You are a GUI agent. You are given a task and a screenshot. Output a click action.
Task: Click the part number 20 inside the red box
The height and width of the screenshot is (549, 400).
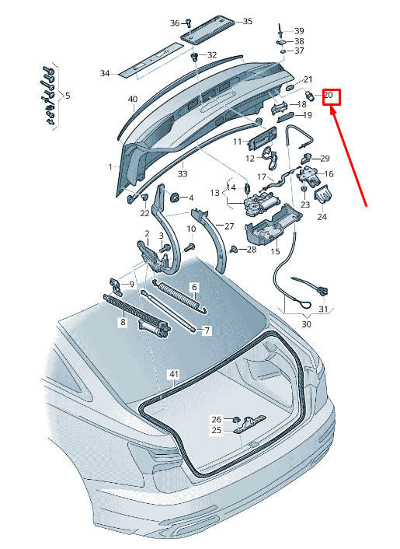[329, 95]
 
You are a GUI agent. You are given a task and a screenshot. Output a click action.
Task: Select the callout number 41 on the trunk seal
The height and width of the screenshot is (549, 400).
[174, 374]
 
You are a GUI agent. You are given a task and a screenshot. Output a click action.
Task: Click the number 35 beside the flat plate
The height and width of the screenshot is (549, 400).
[248, 21]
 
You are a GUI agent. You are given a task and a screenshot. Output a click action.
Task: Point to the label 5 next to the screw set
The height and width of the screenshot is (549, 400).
[68, 95]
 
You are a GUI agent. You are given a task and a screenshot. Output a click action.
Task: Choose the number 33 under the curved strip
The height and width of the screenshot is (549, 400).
[183, 173]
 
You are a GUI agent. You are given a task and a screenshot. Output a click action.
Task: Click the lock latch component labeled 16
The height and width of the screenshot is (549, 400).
[309, 175]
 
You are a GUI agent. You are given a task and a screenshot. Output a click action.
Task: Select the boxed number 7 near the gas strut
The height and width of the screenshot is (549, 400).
[207, 330]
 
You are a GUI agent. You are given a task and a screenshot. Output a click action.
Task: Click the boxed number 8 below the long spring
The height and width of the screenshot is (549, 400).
[123, 321]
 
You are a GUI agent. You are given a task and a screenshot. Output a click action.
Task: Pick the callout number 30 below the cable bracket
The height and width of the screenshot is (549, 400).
[306, 324]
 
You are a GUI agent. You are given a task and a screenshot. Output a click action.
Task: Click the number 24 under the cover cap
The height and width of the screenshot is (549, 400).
[322, 217]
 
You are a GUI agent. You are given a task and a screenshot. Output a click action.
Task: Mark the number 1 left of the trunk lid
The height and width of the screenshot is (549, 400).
[110, 167]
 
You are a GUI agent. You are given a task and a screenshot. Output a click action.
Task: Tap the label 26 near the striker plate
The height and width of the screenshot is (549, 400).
[217, 419]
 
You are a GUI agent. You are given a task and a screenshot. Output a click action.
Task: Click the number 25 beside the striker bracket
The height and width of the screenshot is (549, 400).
[217, 429]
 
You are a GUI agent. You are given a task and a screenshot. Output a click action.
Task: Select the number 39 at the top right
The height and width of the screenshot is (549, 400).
[299, 31]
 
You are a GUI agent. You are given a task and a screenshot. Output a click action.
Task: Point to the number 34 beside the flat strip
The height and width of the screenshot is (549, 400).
[105, 73]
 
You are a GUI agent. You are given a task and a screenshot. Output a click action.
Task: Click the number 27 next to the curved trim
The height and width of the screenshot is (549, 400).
[229, 226]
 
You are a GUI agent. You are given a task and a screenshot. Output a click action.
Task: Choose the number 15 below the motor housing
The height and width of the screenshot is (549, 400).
[275, 251]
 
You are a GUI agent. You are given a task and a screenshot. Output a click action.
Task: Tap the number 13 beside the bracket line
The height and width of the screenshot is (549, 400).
[214, 193]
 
